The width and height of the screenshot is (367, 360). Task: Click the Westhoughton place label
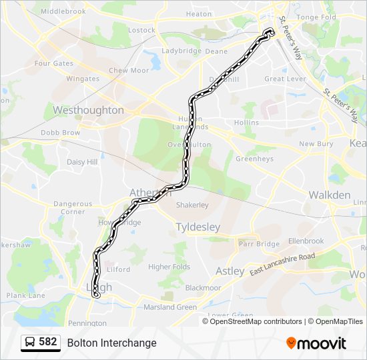click(x=88, y=110)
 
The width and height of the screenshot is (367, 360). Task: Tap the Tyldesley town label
click(x=198, y=227)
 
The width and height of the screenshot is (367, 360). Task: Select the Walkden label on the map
click(x=329, y=195)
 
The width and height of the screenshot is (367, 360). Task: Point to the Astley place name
click(x=230, y=271)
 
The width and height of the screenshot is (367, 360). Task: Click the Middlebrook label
click(x=63, y=12)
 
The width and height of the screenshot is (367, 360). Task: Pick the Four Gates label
click(x=53, y=64)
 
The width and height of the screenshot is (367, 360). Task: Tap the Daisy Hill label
click(x=82, y=162)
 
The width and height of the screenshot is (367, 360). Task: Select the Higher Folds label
click(x=169, y=267)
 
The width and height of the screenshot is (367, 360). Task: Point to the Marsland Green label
click(x=170, y=307)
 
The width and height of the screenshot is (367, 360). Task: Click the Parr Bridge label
click(x=259, y=244)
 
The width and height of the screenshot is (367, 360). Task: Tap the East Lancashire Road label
click(x=283, y=265)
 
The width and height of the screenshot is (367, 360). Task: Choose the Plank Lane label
click(x=26, y=295)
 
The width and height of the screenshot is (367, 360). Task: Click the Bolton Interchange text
click(x=111, y=343)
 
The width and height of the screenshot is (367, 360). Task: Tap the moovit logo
click(x=316, y=343)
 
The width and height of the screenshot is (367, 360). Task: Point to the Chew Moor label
click(x=129, y=71)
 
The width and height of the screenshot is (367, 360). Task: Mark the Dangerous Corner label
click(x=73, y=208)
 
